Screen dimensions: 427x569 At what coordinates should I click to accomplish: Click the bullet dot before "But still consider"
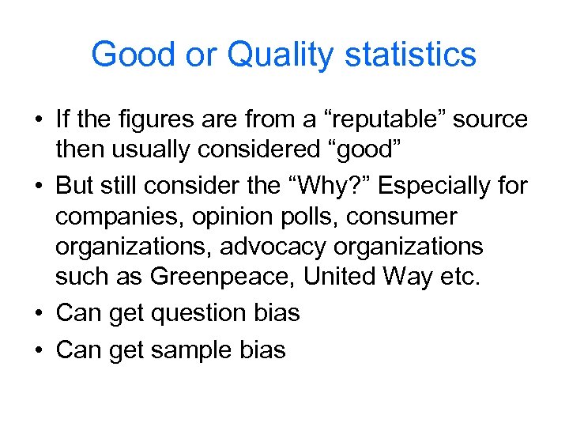(39, 184)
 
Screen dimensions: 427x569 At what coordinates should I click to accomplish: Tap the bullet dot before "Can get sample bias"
(39, 350)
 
